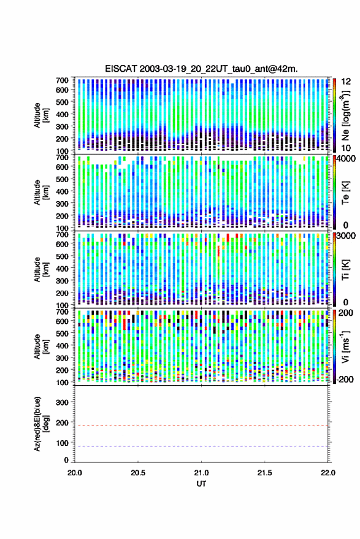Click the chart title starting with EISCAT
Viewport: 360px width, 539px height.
point(202,69)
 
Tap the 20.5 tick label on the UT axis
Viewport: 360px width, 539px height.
point(138,473)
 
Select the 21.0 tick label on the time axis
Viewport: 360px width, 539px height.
point(201,473)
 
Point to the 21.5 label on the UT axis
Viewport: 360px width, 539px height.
point(264,473)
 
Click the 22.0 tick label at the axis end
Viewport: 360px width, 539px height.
point(327,473)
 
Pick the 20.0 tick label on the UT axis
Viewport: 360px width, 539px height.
point(75,473)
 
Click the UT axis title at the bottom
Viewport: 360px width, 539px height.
point(201,484)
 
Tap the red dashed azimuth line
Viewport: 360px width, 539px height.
point(201,426)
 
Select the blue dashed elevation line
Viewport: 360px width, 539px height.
point(201,446)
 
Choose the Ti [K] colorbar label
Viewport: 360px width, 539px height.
point(345,270)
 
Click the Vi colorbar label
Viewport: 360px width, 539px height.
point(345,346)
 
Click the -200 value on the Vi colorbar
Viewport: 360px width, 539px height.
point(344,380)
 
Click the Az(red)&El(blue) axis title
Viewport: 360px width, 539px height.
point(41,424)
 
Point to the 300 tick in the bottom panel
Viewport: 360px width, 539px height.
point(62,402)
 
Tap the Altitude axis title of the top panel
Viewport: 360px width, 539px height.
point(41,115)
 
